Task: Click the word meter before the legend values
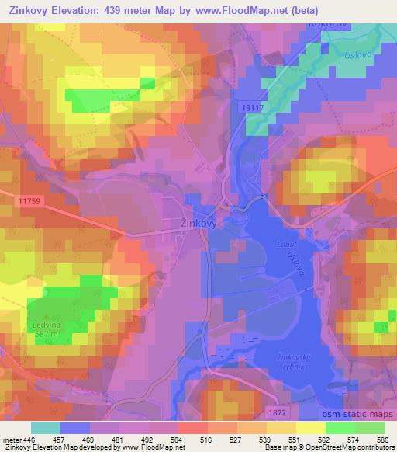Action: pos(12,440)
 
